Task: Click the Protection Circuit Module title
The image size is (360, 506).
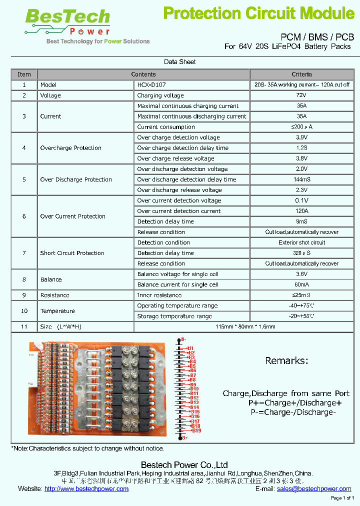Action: click(258, 13)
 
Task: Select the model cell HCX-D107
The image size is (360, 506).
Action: click(151, 85)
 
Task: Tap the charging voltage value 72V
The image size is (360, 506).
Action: click(301, 95)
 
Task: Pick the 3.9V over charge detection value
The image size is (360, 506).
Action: click(301, 137)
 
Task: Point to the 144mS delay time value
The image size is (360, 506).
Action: click(301, 179)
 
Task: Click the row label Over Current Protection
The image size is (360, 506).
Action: click(72, 216)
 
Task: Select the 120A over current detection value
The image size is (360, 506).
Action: click(301, 211)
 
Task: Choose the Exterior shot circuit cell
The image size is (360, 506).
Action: click(301, 242)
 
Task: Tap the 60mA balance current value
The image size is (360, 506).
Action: click(301, 284)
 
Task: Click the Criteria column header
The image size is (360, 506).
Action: click(301, 74)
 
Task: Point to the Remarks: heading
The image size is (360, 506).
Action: click(286, 360)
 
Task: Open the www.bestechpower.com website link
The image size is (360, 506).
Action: click(86, 488)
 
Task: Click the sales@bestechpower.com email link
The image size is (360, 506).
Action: click(314, 488)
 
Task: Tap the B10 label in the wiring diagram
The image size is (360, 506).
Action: click(194, 388)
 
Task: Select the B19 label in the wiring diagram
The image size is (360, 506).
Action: click(196, 430)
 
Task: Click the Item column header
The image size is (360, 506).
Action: click(24, 74)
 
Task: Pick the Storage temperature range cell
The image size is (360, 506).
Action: click(174, 316)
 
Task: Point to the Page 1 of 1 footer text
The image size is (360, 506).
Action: click(342, 498)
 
